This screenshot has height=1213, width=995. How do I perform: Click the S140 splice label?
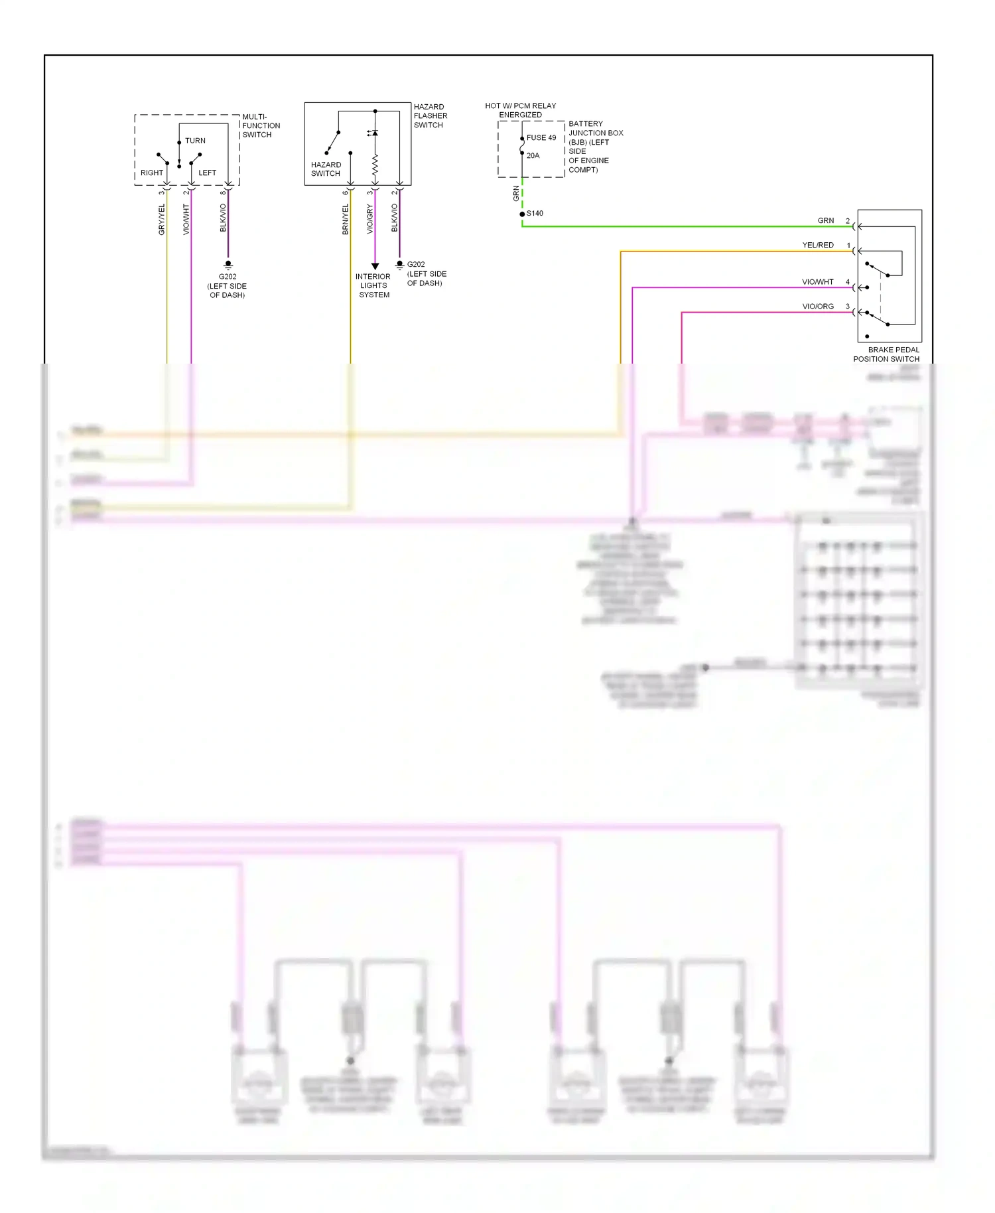(535, 214)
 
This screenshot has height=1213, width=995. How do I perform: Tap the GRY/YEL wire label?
(161, 220)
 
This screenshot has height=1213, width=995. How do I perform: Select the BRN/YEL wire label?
(345, 220)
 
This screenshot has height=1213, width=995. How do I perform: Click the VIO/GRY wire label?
(369, 219)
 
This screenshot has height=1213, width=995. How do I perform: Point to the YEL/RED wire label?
(818, 246)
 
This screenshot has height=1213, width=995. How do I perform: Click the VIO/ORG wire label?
(818, 307)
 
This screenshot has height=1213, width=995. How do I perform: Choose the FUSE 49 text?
(541, 138)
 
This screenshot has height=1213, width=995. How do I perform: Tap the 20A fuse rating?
(533, 156)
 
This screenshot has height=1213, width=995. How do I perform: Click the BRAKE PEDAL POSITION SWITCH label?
(887, 354)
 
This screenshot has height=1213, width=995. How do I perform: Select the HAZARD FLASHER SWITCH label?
(430, 116)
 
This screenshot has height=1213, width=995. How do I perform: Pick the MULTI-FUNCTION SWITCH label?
(261, 125)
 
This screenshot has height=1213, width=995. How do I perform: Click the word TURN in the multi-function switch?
(195, 141)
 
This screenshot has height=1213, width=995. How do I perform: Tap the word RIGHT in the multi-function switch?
(152, 173)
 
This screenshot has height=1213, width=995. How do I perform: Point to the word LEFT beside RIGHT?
(207, 173)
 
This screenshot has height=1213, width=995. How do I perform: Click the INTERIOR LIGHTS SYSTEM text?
(373, 286)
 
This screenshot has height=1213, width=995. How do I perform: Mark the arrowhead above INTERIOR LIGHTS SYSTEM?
(375, 266)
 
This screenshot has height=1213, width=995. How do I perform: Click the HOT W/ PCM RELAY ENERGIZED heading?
(520, 110)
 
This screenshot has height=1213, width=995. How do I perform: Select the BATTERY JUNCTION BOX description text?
(595, 147)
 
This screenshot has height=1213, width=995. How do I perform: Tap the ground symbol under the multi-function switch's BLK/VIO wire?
(228, 264)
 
